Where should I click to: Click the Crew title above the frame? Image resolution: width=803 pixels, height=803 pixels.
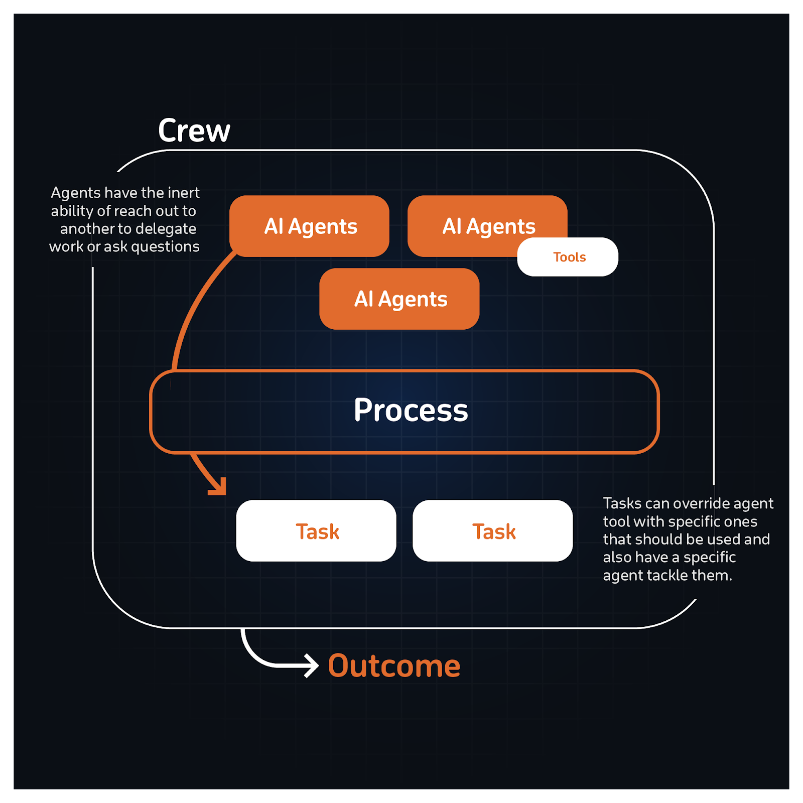[x=194, y=130]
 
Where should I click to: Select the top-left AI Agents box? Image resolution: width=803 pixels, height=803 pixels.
[x=309, y=226]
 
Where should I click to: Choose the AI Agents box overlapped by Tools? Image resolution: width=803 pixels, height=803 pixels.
[x=472, y=221]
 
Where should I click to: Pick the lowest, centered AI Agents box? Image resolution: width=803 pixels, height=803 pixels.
[x=399, y=299]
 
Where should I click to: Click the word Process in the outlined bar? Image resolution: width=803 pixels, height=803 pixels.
[x=411, y=410]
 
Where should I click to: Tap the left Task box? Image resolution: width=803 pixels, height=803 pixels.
[x=316, y=531]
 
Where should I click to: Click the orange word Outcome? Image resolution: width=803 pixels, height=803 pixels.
[x=394, y=666]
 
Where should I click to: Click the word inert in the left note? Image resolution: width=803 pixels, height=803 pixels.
[x=183, y=193]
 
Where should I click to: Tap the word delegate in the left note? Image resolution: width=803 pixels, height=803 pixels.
[x=166, y=229]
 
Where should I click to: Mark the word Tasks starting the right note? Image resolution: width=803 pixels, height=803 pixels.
[x=622, y=503]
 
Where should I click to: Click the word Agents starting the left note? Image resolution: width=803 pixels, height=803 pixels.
[x=76, y=193]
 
